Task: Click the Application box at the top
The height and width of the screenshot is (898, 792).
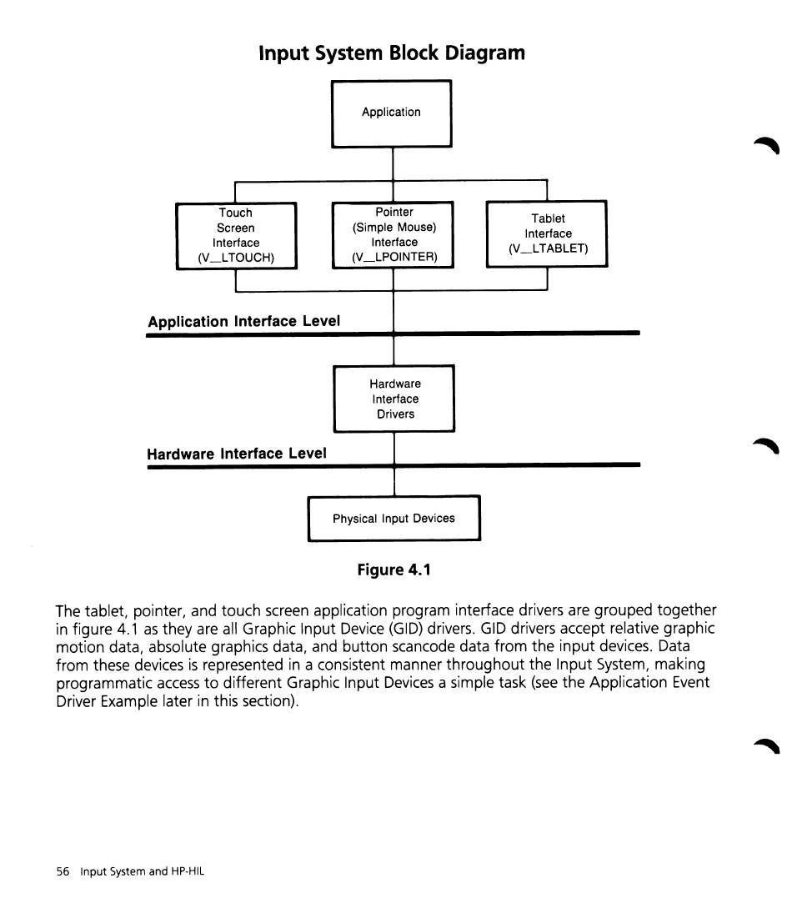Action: pyautogui.click(x=391, y=113)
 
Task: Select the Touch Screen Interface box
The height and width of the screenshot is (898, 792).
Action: pyautogui.click(x=236, y=235)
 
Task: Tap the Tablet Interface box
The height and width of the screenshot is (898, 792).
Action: pyautogui.click(x=547, y=233)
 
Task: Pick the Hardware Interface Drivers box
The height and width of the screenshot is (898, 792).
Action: pyautogui.click(x=394, y=399)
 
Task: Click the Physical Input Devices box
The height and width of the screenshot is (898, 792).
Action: pyautogui.click(x=394, y=519)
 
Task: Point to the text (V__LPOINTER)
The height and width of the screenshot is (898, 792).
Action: pyautogui.click(x=394, y=257)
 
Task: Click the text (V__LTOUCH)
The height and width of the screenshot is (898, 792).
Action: pyautogui.click(x=236, y=258)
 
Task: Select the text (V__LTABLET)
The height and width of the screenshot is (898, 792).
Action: pyautogui.click(x=548, y=248)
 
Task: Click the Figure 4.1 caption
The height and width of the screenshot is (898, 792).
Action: pyautogui.click(x=394, y=569)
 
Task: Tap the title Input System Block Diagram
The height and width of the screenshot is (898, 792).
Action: pyautogui.click(x=392, y=53)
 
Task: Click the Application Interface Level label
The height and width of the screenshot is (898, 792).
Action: pyautogui.click(x=244, y=321)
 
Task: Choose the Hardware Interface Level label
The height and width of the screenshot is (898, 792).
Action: pyautogui.click(x=237, y=454)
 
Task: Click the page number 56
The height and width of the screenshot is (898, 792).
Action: pyautogui.click(x=63, y=871)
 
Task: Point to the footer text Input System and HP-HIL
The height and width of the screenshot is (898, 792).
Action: pyautogui.click(x=142, y=871)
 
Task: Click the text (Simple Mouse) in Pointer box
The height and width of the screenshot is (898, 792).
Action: pyautogui.click(x=394, y=228)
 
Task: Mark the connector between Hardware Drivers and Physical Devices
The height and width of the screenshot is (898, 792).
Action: pyautogui.click(x=394, y=464)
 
